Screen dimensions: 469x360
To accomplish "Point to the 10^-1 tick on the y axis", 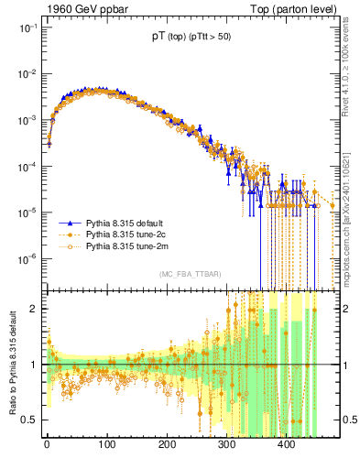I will point(26,27).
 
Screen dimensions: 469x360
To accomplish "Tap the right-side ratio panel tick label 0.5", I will point(345,420).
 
